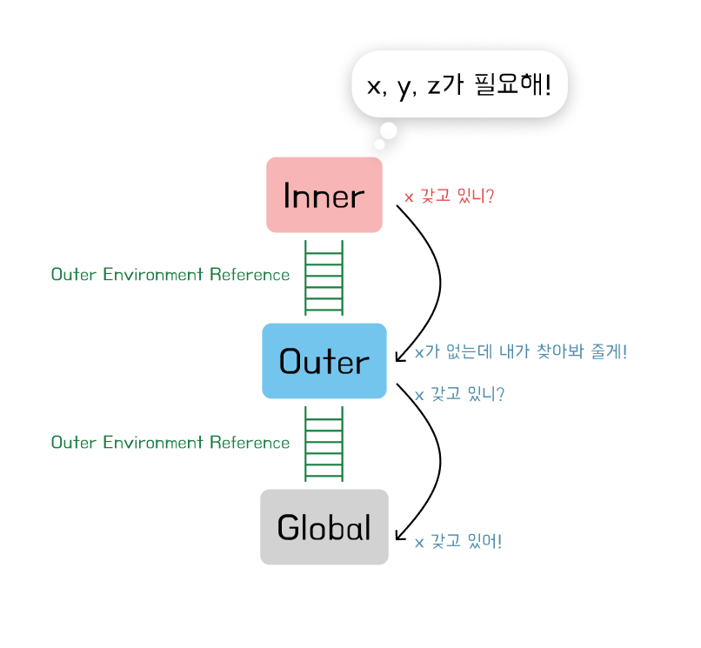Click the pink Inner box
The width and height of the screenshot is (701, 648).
pyautogui.click(x=324, y=195)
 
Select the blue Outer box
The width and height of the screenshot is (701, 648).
pyautogui.click(x=324, y=361)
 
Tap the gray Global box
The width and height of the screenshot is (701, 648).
pyautogui.click(x=324, y=527)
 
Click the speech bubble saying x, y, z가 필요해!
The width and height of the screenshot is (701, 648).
pyautogui.click(x=459, y=85)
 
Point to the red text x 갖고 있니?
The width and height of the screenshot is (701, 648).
pyautogui.click(x=449, y=197)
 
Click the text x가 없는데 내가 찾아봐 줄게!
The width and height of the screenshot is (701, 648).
pyautogui.click(x=520, y=352)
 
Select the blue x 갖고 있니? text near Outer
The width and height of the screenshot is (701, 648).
pyautogui.click(x=459, y=394)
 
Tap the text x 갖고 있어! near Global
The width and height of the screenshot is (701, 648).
pyautogui.click(x=457, y=542)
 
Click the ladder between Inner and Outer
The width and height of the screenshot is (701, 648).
pyautogui.click(x=324, y=277)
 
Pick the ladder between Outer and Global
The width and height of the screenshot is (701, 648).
pyautogui.click(x=324, y=444)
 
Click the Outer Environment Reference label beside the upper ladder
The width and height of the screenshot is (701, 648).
pyautogui.click(x=170, y=275)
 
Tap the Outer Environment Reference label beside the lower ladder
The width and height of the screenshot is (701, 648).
pyautogui.click(x=170, y=443)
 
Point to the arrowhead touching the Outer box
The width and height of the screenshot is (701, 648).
pyautogui.click(x=399, y=357)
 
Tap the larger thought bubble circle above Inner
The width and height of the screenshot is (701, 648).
pyautogui.click(x=388, y=131)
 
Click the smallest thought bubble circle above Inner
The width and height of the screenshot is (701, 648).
pyautogui.click(x=378, y=144)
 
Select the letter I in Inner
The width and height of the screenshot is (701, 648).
pyautogui.click(x=288, y=196)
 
